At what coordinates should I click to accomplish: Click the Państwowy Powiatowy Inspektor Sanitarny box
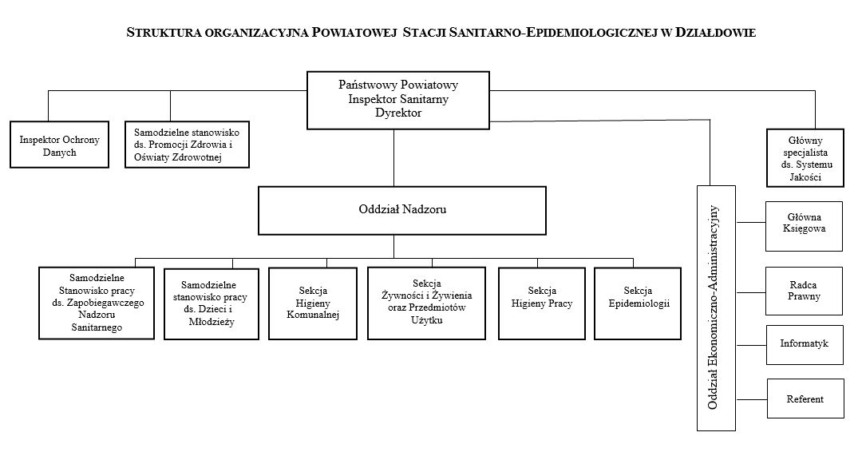398,99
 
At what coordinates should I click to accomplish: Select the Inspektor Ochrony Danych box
60,145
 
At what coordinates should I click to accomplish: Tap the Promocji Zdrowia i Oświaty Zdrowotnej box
188,144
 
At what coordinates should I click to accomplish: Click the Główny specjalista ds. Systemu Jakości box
805,157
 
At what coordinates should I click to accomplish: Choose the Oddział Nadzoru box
401,210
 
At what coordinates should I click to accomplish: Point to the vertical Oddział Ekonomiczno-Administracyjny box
713,307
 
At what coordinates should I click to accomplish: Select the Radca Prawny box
804,290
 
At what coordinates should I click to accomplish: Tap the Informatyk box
804,344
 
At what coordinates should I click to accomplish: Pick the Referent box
805,399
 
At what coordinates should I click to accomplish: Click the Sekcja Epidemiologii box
638,303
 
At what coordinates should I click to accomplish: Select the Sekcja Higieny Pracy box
542,303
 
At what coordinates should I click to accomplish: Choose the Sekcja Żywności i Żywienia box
426,303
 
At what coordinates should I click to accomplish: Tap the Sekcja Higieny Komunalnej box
313,303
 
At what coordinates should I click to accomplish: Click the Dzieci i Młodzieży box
212,303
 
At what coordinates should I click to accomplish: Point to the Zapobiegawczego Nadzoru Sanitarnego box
96,303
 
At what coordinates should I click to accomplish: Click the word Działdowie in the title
715,34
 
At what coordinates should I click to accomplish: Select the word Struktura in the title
164,34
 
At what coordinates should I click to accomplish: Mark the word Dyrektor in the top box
398,113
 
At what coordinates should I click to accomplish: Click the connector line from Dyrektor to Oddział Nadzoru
393,157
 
